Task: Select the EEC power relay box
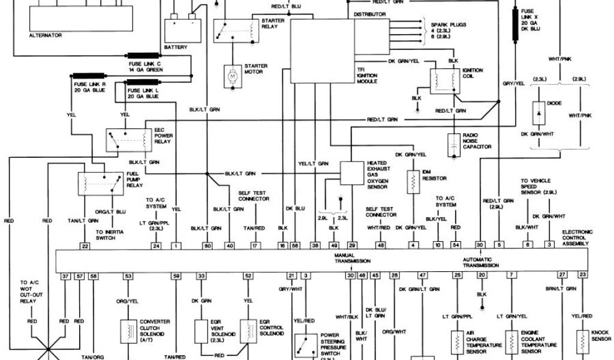(128, 140)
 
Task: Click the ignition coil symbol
(443, 81)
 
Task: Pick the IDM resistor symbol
(413, 182)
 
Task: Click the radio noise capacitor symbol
(454, 145)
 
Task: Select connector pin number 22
(85, 246)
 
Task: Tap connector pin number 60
(208, 246)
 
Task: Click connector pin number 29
(353, 246)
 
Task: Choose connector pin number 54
(455, 246)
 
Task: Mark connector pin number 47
(422, 275)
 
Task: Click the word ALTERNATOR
(45, 35)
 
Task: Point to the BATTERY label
(176, 47)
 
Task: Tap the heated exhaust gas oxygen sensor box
(352, 173)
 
